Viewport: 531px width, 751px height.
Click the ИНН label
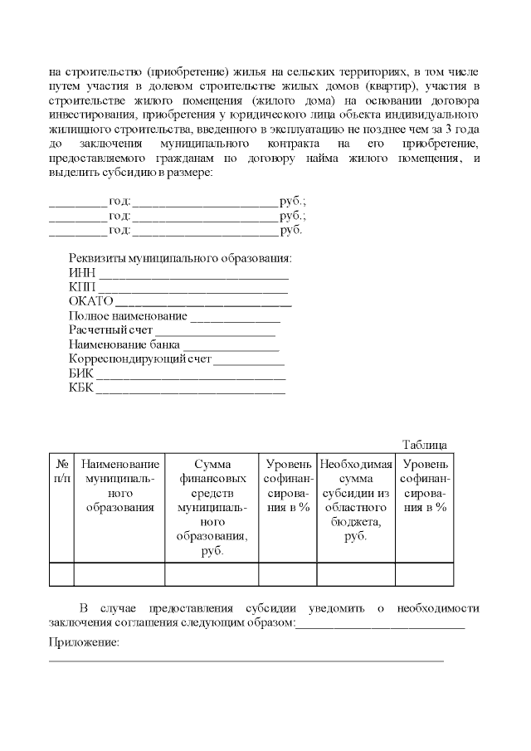point(82,272)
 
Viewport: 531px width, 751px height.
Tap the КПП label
point(83,287)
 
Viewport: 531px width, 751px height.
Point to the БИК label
point(81,373)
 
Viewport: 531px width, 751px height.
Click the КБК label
point(81,388)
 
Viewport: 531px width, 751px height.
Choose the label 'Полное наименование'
point(128,316)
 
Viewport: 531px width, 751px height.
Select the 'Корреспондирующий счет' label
point(140,359)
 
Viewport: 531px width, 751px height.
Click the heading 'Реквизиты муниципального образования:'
point(180,258)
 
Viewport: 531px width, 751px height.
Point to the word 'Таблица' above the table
point(425,444)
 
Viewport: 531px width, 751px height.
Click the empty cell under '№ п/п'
point(62,574)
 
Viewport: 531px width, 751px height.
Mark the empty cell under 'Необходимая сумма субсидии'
point(355,574)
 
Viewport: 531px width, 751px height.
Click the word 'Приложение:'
point(84,642)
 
